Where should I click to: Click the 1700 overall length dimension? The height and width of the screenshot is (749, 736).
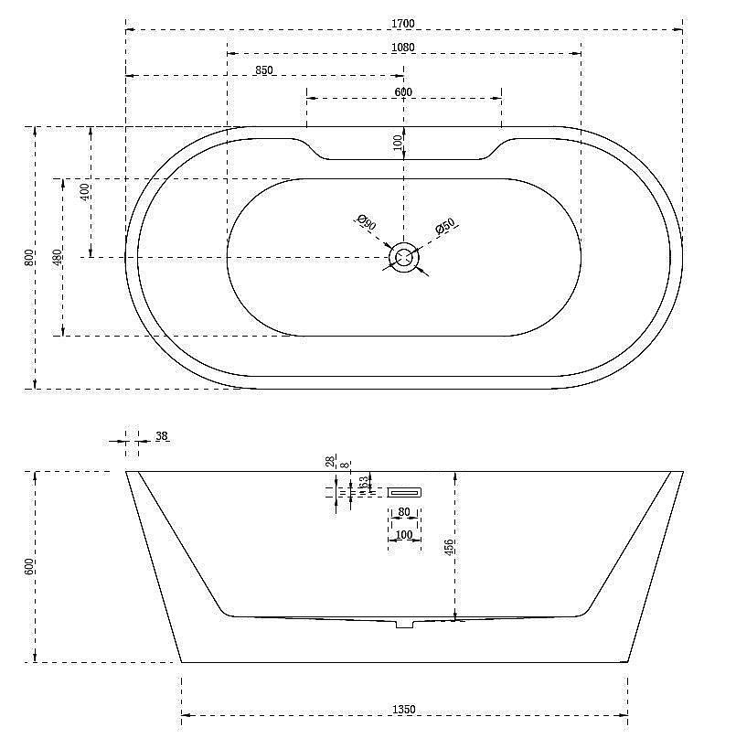pos(403,23)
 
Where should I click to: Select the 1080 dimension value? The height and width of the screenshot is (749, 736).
pos(403,48)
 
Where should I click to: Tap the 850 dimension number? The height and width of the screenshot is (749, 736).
pos(264,70)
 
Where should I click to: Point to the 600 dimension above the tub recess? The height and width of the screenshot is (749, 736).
pos(403,91)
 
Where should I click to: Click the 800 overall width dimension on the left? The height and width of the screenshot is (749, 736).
pos(30,257)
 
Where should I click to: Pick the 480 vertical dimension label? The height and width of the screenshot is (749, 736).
pos(58,258)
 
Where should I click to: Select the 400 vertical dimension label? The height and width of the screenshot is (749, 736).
pos(85,192)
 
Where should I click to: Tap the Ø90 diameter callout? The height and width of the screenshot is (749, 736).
pos(366,222)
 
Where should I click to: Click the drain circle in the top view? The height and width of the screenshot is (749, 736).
pos(403,258)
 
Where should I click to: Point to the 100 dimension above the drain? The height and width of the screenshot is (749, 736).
pos(398,143)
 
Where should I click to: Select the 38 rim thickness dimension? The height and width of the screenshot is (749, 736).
pos(161,437)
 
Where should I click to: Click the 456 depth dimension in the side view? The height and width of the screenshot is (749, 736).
pos(450,548)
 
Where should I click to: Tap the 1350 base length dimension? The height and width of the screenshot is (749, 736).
pos(403,709)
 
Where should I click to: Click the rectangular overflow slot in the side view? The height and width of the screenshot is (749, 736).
pos(405,492)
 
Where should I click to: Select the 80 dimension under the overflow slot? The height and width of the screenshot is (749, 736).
pos(404,512)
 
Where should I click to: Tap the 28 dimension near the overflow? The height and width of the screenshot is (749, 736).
pos(330,463)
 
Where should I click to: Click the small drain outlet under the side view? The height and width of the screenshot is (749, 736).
pos(405,624)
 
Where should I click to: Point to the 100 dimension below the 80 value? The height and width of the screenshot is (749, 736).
pos(404,535)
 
